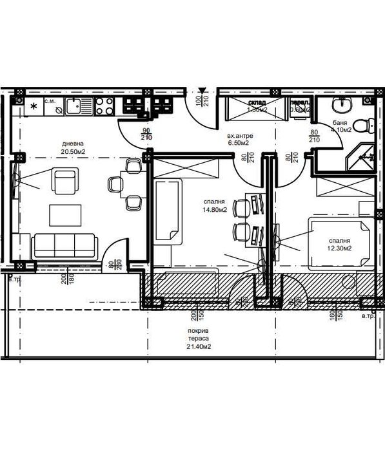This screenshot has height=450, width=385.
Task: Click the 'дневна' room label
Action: [73, 144]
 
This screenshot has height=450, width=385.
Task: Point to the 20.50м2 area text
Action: [73, 152]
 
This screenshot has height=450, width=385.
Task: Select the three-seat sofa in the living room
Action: [64, 245]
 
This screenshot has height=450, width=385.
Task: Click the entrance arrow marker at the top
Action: [202, 90]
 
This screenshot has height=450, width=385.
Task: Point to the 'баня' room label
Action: [341, 122]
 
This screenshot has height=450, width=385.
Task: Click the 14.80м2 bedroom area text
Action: [214, 209]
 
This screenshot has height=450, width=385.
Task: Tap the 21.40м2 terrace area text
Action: [198, 346]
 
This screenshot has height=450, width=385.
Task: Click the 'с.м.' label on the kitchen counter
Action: [49, 101]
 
